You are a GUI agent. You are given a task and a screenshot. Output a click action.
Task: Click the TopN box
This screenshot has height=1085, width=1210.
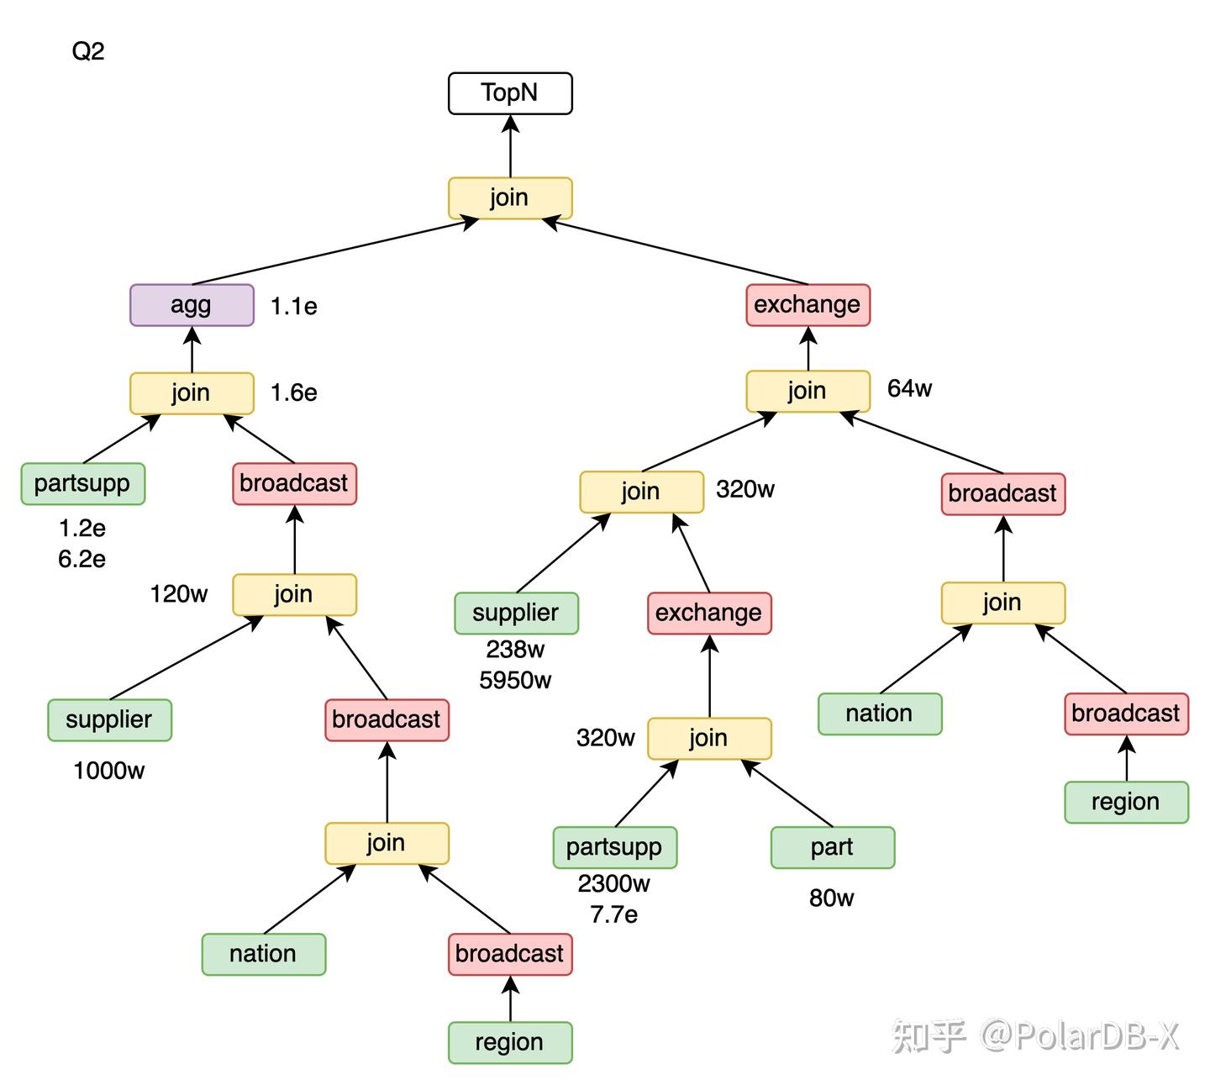(510, 93)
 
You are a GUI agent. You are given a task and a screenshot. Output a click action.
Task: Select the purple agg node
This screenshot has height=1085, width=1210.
(192, 305)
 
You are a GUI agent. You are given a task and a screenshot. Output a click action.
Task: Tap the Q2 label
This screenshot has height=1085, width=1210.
(88, 51)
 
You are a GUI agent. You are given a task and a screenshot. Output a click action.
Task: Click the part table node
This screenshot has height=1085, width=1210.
(832, 847)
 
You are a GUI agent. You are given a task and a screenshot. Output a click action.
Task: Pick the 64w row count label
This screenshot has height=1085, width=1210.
(909, 388)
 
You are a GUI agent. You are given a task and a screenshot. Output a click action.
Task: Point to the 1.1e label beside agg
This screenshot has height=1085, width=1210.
(293, 307)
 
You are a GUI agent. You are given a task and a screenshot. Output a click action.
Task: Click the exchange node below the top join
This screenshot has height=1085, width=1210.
(808, 305)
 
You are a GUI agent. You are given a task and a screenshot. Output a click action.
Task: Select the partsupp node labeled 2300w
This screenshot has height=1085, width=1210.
(614, 847)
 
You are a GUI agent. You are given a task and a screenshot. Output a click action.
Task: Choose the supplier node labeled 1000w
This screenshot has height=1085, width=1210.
(109, 720)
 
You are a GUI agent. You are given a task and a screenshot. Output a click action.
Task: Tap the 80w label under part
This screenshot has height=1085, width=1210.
(831, 898)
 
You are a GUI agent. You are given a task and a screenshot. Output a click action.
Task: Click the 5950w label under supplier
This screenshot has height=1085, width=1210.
(515, 680)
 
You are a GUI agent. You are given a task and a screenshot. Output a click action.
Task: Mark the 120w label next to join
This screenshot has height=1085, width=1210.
(178, 594)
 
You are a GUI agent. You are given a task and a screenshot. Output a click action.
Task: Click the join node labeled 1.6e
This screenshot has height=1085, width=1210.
(192, 393)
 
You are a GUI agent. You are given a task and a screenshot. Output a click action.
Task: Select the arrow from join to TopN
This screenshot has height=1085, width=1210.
(510, 147)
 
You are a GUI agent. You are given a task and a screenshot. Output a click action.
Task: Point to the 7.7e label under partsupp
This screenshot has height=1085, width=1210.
(613, 914)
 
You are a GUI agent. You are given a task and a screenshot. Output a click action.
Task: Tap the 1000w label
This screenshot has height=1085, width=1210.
(109, 771)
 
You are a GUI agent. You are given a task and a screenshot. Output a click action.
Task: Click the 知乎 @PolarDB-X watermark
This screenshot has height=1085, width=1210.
(1034, 1035)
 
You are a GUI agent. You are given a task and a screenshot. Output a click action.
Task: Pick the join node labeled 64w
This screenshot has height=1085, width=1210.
(808, 391)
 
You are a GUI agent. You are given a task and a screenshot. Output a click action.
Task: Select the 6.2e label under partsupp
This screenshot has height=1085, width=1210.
(82, 559)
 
